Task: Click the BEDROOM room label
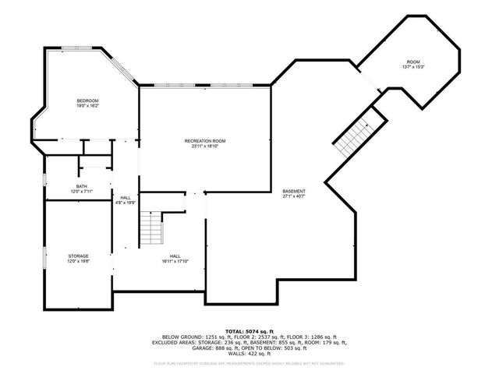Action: click(x=87, y=101)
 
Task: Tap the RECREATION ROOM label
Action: click(x=205, y=140)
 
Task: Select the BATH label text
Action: click(x=82, y=186)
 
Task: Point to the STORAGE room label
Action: click(x=78, y=256)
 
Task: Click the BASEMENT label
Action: click(x=294, y=191)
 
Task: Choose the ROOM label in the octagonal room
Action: click(x=412, y=62)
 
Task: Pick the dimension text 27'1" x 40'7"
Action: click(x=294, y=196)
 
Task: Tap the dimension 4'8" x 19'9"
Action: click(x=126, y=203)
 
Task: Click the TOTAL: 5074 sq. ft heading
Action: click(x=249, y=331)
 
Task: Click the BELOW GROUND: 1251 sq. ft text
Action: click(x=186, y=337)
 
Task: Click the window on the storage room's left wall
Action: click(x=44, y=256)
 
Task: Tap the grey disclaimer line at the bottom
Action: click(x=249, y=363)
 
